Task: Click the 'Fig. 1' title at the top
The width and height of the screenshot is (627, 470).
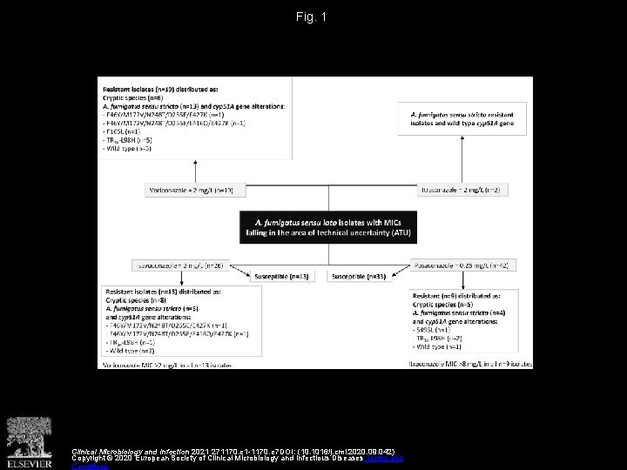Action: pos(313,17)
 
